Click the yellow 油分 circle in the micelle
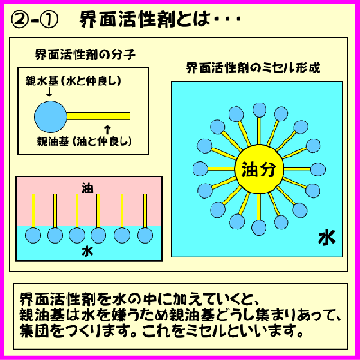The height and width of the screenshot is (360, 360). tap(258, 170)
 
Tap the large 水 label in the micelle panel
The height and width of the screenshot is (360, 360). tap(327, 238)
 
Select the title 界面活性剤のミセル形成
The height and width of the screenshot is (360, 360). tap(253, 67)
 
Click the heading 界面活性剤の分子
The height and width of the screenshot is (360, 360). tap(85, 55)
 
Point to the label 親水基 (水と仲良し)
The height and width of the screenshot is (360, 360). tap(73, 82)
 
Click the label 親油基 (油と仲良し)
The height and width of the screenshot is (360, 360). tap(85, 141)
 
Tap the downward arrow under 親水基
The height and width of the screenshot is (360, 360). tap(49, 93)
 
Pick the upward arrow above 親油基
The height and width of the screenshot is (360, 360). tap(108, 130)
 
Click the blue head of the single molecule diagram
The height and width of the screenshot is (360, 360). tap(50, 117)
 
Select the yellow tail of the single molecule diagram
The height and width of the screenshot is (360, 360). tap(98, 116)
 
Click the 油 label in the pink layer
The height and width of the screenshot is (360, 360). tap(87, 188)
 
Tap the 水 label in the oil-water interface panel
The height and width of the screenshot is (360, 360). tap(87, 251)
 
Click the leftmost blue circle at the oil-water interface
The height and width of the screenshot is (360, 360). tap(33, 235)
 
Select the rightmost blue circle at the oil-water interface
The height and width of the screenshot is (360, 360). tap(145, 235)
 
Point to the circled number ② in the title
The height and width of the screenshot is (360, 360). tap(19, 21)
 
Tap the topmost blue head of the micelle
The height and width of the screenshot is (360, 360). tap(259, 110)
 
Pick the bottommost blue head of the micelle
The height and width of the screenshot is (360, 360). tap(258, 228)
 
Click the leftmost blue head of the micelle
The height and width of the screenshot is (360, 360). tap(200, 169)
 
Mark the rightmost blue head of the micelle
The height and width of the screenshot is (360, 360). tap(318, 169)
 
